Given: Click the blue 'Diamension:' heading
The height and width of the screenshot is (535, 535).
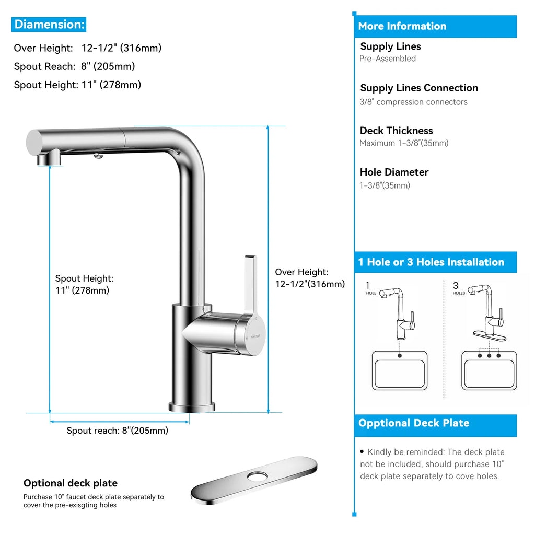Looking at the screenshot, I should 49,24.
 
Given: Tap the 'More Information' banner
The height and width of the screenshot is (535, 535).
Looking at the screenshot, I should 402,26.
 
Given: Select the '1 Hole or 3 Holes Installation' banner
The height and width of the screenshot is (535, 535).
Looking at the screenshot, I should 431,262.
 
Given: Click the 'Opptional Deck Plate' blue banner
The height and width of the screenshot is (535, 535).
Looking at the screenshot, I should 414,423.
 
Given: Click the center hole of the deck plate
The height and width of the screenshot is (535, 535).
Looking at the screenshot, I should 257,475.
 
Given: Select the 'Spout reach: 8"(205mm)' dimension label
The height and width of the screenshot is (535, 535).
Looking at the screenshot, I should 117,431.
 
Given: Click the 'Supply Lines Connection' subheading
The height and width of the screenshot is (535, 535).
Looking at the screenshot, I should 419,88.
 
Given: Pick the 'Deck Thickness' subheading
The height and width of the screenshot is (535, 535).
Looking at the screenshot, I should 396,131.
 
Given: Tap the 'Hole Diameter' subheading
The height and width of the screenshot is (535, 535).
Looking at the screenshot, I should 394,172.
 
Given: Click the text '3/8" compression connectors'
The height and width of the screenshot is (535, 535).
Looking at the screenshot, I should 413,102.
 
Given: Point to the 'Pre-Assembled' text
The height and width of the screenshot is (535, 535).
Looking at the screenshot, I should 388,59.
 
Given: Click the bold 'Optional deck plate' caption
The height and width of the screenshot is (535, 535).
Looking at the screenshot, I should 71,483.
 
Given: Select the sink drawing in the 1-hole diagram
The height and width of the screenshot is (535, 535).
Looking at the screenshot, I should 400,370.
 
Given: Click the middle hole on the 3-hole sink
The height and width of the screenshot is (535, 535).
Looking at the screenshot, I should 489,356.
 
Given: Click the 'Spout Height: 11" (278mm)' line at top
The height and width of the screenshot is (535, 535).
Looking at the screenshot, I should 77,85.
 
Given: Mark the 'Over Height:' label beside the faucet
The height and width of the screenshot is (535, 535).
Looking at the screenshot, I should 301,272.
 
